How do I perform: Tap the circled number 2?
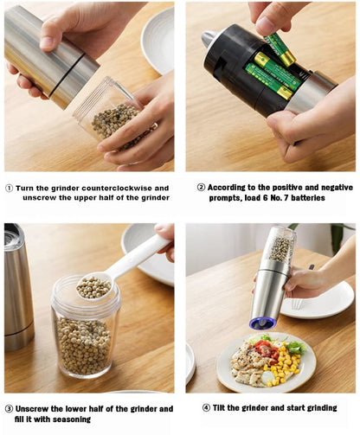[x=201, y=187]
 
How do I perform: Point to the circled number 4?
[x=206, y=407]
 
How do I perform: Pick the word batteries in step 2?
[x=322, y=198]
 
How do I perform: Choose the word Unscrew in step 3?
[x=35, y=408]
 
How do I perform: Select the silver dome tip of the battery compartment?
[x=209, y=39]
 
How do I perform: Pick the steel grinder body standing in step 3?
[x=18, y=285]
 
